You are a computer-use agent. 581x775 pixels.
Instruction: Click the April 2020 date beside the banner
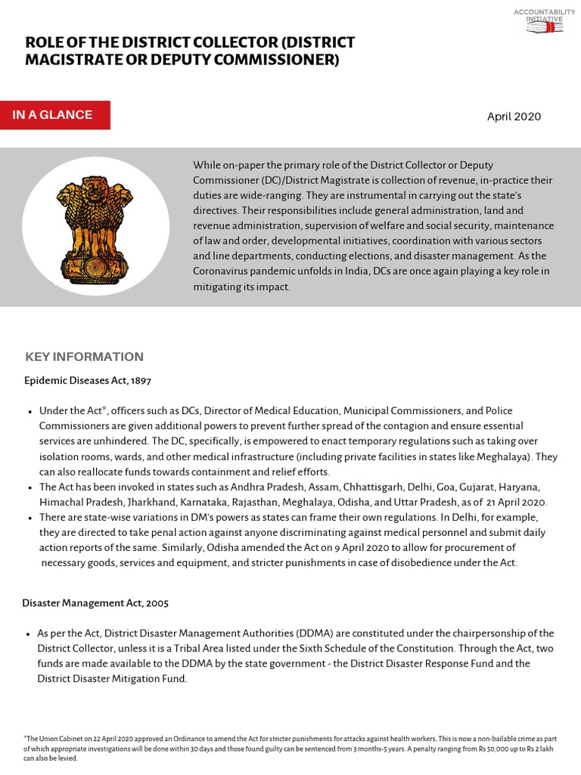coord(514,117)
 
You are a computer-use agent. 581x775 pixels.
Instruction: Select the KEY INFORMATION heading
coord(84,356)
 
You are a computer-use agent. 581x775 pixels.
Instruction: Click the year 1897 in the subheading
coord(148,380)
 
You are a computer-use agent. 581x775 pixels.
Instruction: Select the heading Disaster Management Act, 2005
coord(95,603)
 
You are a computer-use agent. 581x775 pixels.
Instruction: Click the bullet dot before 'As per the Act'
coord(28,634)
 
